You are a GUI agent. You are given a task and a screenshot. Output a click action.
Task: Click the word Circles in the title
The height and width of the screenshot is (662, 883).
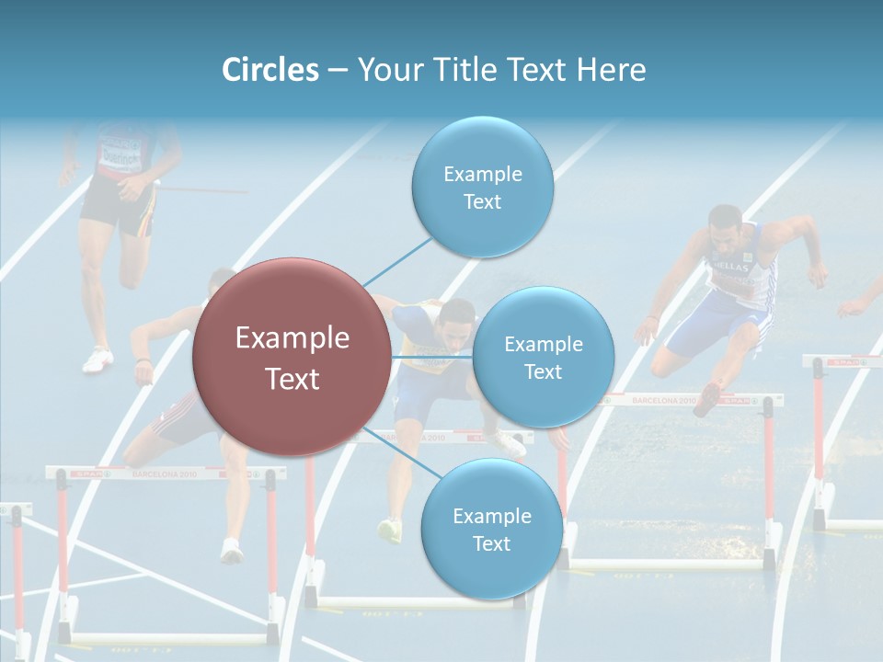(270, 70)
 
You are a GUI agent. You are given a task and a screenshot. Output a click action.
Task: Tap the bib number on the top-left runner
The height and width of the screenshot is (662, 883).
(120, 152)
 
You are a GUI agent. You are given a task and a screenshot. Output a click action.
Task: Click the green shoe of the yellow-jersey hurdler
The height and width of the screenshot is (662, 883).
(390, 530)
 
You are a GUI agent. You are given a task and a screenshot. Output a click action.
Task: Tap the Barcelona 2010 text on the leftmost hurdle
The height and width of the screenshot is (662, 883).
(164, 474)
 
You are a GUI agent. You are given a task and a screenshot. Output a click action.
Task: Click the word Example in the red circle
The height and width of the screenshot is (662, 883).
(292, 338)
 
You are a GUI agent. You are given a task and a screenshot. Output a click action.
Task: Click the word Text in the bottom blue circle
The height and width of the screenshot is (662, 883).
(491, 543)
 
